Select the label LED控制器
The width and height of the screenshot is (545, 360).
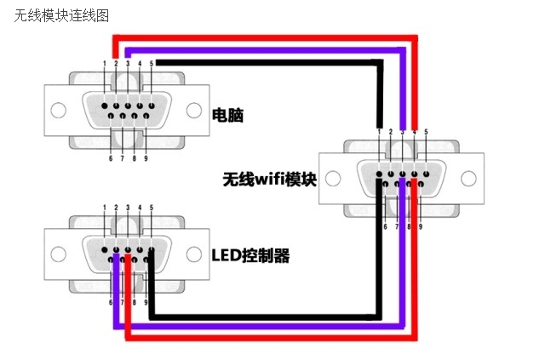click(x=250, y=254)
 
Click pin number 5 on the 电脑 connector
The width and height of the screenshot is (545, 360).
click(x=152, y=64)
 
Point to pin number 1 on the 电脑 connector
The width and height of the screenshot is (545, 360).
click(x=105, y=64)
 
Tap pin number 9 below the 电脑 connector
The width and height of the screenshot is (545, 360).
click(x=146, y=158)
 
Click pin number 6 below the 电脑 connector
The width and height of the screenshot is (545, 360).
click(x=111, y=158)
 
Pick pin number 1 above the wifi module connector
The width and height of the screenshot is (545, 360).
click(x=379, y=132)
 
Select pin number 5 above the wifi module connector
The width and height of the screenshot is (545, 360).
click(x=426, y=132)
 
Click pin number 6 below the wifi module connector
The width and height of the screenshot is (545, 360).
click(x=385, y=227)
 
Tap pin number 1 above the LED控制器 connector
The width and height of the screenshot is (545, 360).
click(x=105, y=208)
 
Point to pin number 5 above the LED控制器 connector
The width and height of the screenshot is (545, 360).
click(x=152, y=208)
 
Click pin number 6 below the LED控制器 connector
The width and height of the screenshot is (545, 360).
click(x=111, y=303)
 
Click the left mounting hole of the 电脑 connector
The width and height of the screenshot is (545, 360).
click(x=58, y=111)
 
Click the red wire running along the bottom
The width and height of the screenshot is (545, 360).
click(x=272, y=338)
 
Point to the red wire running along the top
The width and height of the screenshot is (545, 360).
click(x=264, y=37)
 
